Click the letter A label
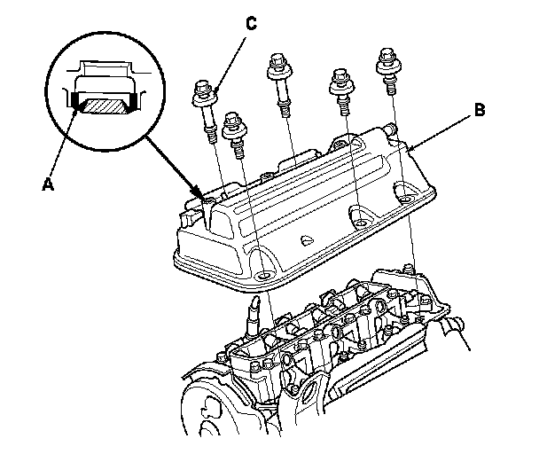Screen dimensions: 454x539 tap(48, 184)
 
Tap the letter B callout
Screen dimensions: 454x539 tap(479, 110)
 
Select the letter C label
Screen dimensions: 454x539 tap(251, 24)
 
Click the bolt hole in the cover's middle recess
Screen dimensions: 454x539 tap(360, 215)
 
